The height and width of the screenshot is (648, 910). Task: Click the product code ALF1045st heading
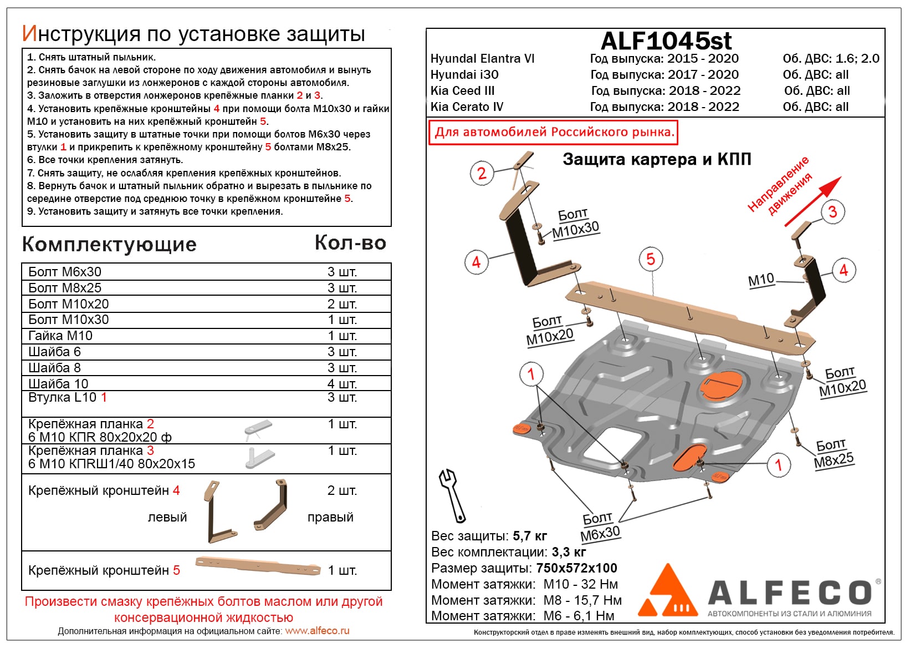666,40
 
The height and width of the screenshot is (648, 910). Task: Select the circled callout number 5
651,259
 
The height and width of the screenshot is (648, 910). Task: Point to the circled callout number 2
482,173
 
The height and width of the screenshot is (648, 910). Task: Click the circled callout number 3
832,211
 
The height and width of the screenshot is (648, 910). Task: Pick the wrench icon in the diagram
452,495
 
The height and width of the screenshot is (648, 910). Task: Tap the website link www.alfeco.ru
317,631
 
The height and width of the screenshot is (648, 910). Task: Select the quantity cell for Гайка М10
341,336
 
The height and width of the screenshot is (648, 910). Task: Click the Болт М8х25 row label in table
65,288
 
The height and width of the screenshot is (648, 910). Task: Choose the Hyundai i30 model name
464,74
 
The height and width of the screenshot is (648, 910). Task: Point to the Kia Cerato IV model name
467,107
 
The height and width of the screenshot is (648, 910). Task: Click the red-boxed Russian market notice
554,133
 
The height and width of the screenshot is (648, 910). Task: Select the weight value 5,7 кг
530,536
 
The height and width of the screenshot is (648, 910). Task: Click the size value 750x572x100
576,568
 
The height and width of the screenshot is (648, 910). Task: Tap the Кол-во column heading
350,243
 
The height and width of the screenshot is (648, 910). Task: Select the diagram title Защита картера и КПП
657,159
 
